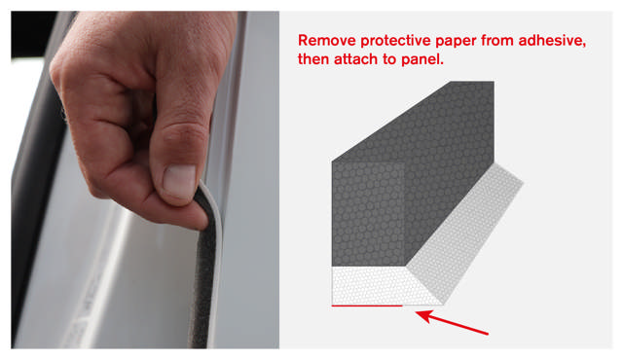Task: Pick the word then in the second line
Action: click(313, 59)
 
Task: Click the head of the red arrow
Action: click(422, 315)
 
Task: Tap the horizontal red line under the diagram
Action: click(367, 306)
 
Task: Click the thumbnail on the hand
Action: click(179, 181)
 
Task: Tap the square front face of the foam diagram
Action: click(368, 213)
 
